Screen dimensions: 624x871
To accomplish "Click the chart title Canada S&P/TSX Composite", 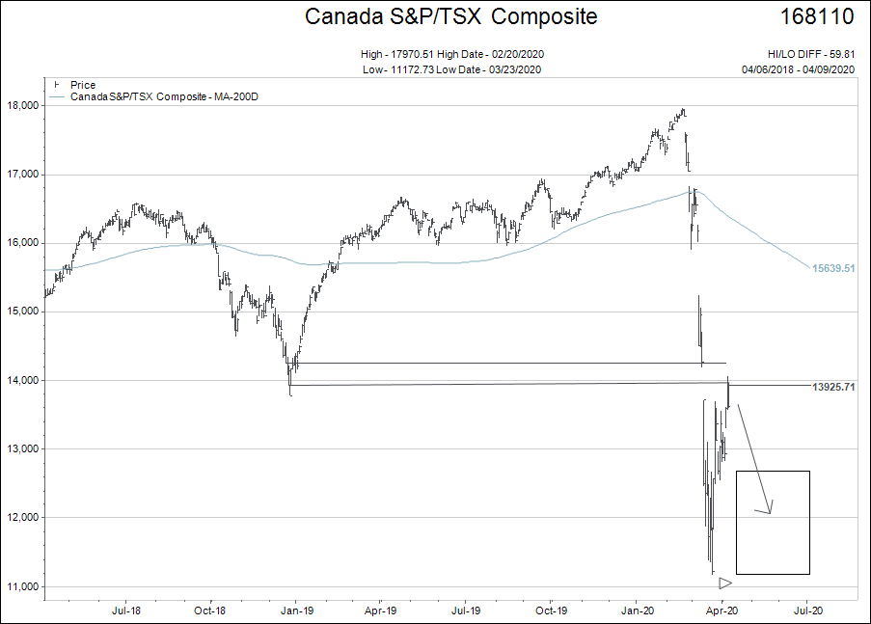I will (450, 16).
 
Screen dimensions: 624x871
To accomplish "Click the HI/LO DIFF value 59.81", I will (841, 54).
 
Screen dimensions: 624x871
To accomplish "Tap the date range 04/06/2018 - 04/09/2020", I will (799, 68).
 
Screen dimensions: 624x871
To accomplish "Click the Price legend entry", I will (83, 85).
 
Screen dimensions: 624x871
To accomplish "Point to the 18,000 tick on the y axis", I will (22, 106).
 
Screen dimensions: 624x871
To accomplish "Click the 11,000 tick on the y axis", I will (22, 586).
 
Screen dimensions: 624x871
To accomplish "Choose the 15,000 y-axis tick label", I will (22, 312).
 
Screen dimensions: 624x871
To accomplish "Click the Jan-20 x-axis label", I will (638, 610).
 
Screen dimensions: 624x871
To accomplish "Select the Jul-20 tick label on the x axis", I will (807, 610).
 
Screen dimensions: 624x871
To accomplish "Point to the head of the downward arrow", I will (770, 511).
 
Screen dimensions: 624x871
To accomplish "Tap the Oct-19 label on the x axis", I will (550, 610).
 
